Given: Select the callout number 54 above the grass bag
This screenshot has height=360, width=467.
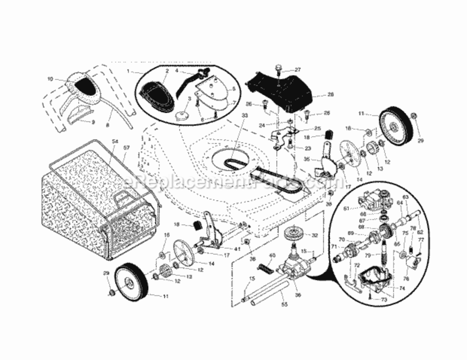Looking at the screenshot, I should tap(115, 142).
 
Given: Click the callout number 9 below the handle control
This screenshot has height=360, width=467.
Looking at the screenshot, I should tap(93, 122).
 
